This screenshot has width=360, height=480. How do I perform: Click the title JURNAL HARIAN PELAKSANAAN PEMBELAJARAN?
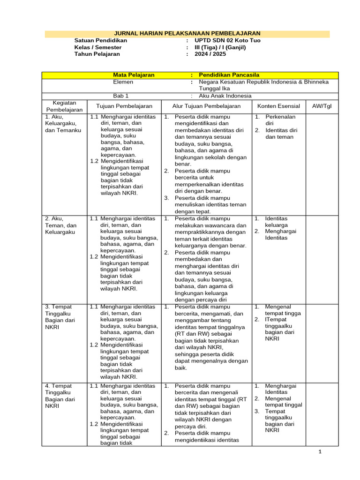[187, 34]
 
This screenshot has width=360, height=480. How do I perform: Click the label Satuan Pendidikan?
[100, 41]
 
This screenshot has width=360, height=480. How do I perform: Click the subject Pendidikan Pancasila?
[229, 75]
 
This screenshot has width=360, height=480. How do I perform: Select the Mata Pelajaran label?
[134, 75]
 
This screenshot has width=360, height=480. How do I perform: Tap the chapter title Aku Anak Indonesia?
[225, 96]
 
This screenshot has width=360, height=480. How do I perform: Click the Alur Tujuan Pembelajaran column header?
[206, 106]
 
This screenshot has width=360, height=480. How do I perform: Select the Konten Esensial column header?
[278, 106]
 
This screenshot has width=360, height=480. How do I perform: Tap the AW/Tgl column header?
[322, 106]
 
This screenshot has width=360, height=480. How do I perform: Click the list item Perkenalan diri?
[280, 120]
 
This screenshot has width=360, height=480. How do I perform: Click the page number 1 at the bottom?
[320, 452]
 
